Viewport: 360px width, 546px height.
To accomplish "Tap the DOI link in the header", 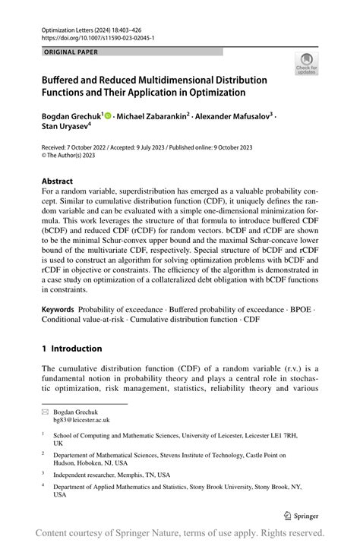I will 90,36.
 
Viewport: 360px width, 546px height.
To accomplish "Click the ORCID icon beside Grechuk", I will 109,115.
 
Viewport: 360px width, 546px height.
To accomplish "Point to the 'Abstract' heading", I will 58,182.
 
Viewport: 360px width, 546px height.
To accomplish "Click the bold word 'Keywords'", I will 58,310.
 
